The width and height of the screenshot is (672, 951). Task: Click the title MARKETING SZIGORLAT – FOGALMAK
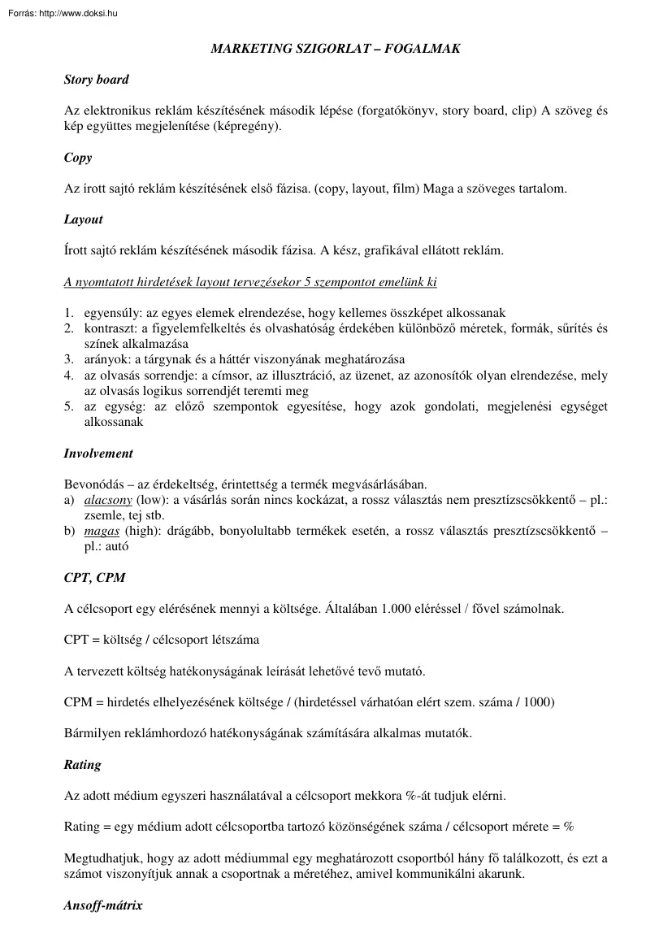(x=336, y=49)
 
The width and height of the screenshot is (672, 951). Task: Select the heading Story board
(x=96, y=80)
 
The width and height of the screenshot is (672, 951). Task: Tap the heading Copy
(x=78, y=158)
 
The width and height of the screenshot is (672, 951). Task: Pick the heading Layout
(x=83, y=219)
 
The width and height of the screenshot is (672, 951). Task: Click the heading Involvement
(x=98, y=454)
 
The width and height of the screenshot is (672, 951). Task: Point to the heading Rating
(x=82, y=764)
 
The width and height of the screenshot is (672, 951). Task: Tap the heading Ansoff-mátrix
(x=103, y=905)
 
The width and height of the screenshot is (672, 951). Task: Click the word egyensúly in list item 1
(x=109, y=313)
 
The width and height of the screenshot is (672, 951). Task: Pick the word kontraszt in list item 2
(x=109, y=328)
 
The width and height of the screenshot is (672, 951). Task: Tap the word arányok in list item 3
(x=106, y=359)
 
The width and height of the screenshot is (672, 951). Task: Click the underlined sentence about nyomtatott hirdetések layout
(x=250, y=282)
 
